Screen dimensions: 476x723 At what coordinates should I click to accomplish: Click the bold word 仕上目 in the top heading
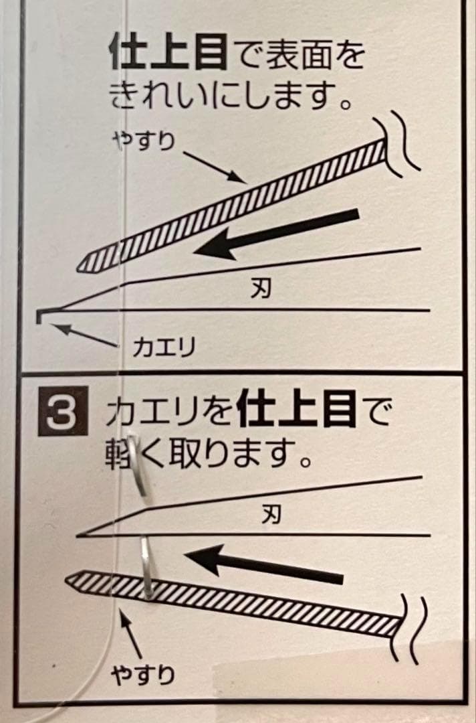click(x=168, y=54)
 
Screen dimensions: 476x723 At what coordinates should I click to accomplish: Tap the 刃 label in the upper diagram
click(x=261, y=289)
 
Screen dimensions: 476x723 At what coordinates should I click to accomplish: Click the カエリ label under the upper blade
click(x=164, y=347)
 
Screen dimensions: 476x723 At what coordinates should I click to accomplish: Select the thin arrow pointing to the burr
click(x=85, y=335)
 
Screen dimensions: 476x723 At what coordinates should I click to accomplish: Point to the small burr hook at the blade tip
click(x=39, y=315)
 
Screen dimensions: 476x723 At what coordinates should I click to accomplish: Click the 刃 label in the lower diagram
click(x=271, y=514)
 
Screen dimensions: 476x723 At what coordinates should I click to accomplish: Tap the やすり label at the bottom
click(x=143, y=675)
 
